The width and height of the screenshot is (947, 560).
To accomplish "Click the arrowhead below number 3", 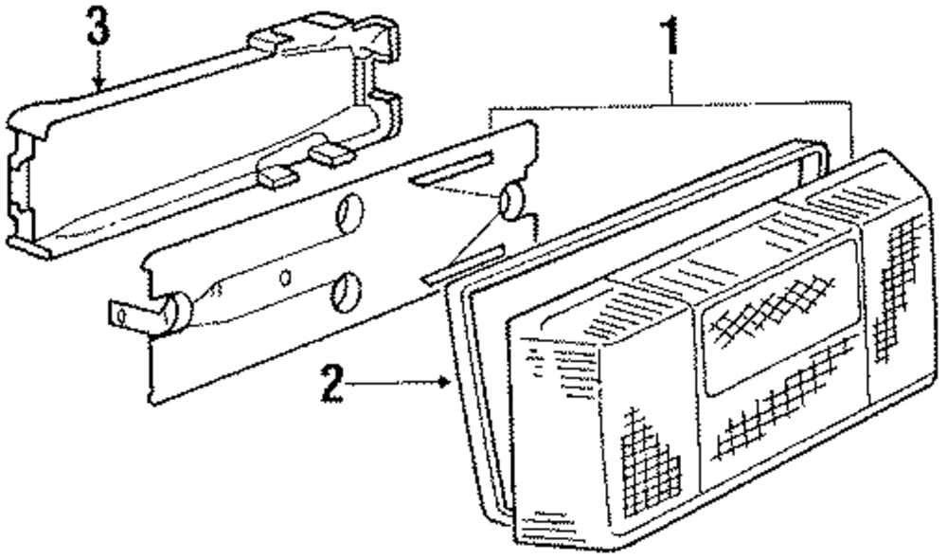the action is (x=98, y=86).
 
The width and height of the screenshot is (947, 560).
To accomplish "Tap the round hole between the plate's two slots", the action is (x=511, y=202).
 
